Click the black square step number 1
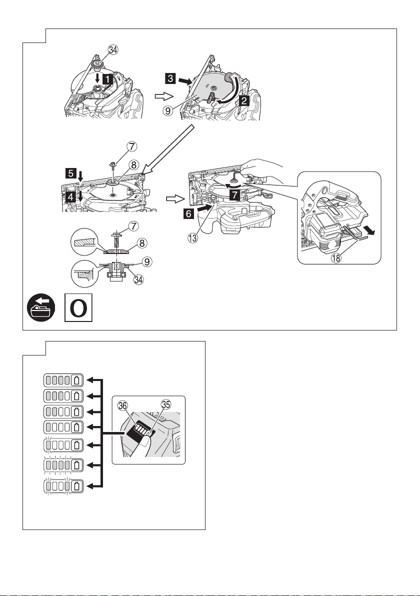pyautogui.click(x=108, y=79)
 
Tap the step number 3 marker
pyautogui.click(x=170, y=78)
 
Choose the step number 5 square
pyautogui.click(x=70, y=173)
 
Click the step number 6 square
pyautogui.click(x=189, y=213)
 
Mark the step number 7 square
pyautogui.click(x=235, y=195)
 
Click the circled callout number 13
pyautogui.click(x=192, y=238)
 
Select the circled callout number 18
pyautogui.click(x=336, y=257)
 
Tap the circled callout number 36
pyautogui.click(x=123, y=405)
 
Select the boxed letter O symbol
pyautogui.click(x=78, y=308)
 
